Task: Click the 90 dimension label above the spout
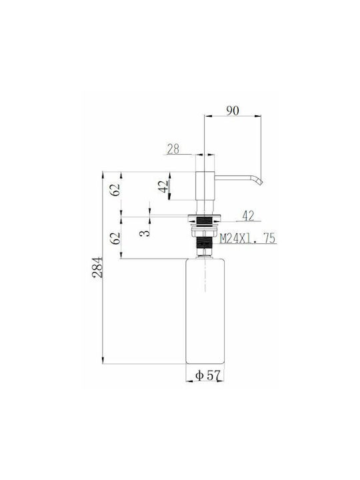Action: (233, 111)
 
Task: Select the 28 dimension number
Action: (173, 149)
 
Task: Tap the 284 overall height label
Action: (97, 267)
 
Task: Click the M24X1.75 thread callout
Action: (248, 238)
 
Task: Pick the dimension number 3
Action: (145, 233)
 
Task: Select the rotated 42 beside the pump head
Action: (164, 187)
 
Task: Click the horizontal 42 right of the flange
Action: (248, 216)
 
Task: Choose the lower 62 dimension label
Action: (115, 238)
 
